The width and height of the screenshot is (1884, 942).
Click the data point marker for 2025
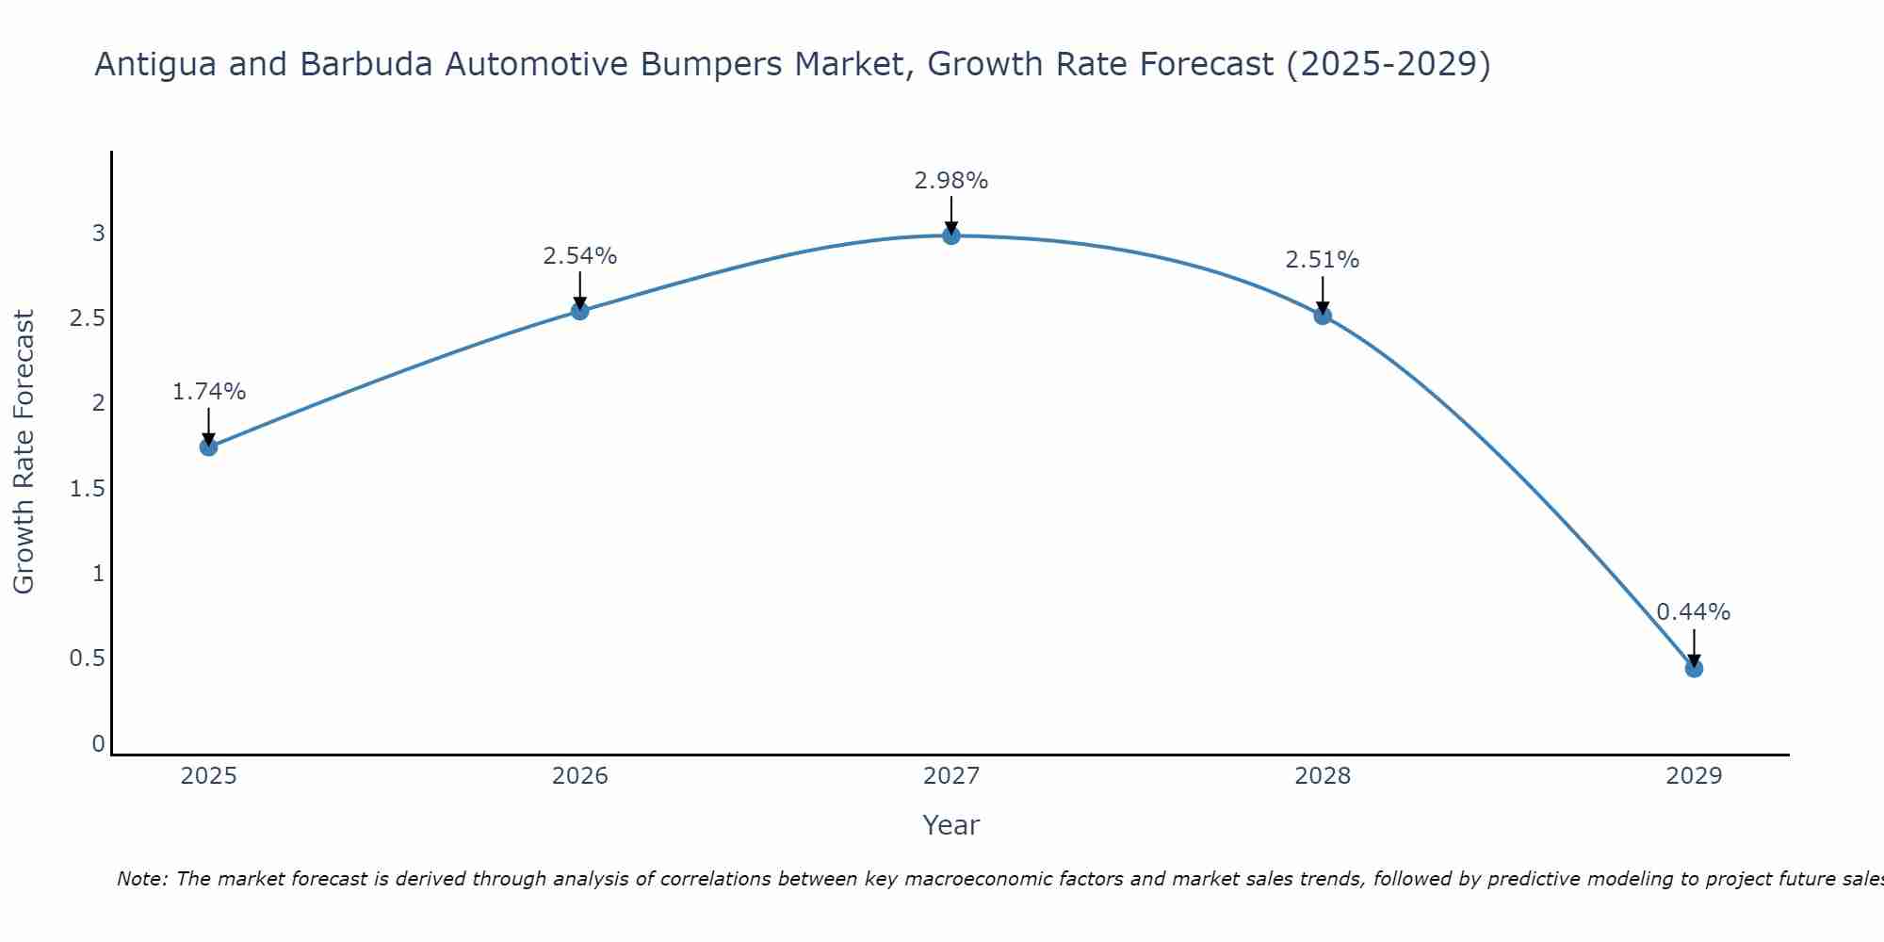209,447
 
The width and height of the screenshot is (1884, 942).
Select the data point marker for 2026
580,311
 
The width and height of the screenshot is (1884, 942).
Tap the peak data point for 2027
951,235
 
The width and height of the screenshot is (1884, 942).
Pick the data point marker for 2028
1323,316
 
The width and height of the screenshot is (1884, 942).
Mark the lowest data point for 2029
1694,669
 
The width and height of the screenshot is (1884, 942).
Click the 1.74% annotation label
209,392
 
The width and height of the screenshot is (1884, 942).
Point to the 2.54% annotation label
580,256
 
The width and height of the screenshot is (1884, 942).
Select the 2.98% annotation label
951,181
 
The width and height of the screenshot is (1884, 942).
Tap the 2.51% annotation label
1323,260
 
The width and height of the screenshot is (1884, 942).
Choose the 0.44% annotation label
1694,612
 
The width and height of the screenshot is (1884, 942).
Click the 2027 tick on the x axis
951,776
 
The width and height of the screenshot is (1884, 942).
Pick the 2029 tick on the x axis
1694,776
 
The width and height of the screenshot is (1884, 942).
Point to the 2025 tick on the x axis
209,776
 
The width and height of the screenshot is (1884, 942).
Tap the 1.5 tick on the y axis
87,489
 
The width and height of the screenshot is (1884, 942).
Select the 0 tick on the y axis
98,744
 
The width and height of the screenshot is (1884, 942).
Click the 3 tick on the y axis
98,233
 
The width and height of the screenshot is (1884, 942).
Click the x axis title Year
951,825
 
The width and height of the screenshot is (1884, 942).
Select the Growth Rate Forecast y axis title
24,452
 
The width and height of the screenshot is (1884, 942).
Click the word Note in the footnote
141,879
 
